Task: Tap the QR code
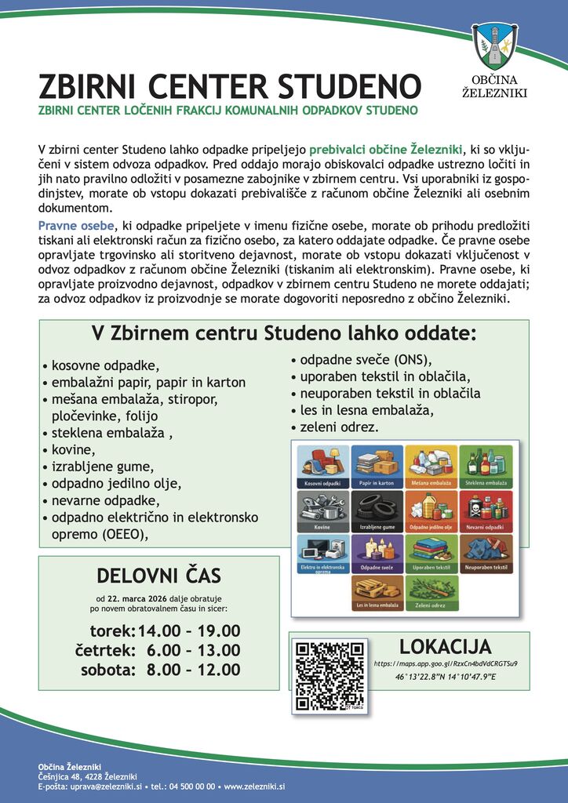tap(330, 675)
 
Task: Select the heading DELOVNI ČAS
tap(158, 576)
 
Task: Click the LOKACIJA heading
tap(445, 646)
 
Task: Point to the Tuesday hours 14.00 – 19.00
tap(189, 631)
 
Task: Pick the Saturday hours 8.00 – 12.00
tap(193, 670)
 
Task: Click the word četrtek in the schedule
tap(105, 650)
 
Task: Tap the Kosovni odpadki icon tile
tap(322, 467)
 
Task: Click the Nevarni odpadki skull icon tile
tap(486, 511)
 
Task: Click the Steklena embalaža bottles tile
tap(486, 467)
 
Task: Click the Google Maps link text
tap(446, 663)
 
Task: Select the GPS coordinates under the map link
tap(446, 676)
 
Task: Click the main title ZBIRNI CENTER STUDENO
tap(230, 86)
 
